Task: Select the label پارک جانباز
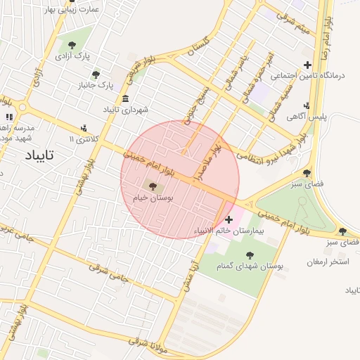click(96, 85)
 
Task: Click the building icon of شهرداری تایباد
click(125, 98)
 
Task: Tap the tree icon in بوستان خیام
click(153, 186)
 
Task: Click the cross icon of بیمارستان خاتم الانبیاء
click(229, 219)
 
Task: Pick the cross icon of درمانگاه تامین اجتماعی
click(307, 65)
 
